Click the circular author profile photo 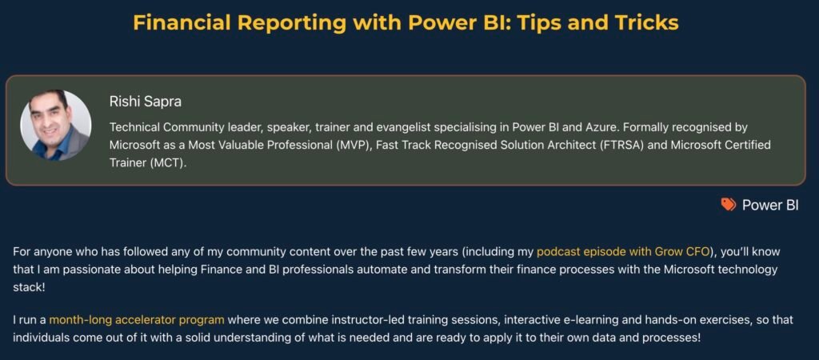pyautogui.click(x=55, y=126)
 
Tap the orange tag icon pyautogui.click(x=728, y=205)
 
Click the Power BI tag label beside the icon pyautogui.click(x=770, y=205)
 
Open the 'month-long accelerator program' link pyautogui.click(x=137, y=319)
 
